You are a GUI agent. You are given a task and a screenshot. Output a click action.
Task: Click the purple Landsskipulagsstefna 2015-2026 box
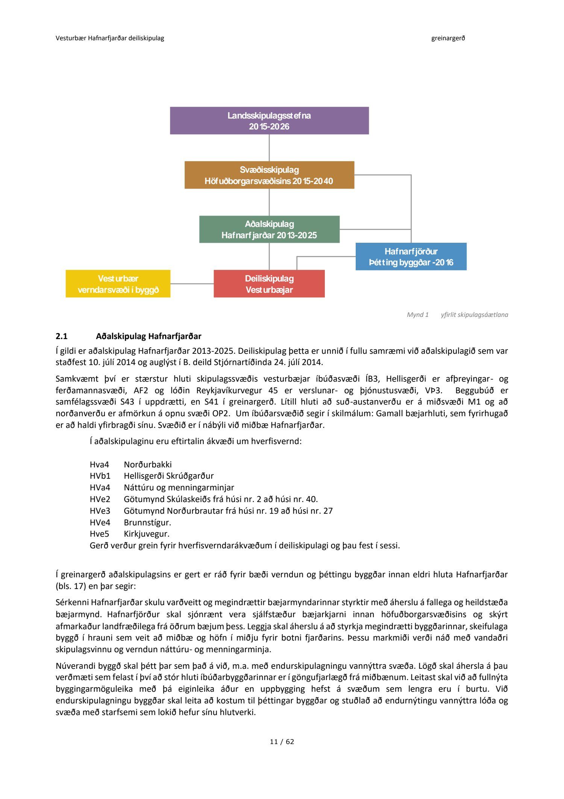click(269, 121)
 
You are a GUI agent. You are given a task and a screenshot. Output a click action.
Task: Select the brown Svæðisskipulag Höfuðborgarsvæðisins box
click(269, 175)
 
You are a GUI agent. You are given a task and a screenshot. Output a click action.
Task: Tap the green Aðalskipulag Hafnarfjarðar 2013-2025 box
click(269, 229)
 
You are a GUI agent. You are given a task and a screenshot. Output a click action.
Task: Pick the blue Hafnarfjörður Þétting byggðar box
click(411, 257)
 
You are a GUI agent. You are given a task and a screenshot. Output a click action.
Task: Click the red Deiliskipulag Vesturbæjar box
click(269, 284)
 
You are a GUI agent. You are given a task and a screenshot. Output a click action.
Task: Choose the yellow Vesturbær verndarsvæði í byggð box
click(118, 284)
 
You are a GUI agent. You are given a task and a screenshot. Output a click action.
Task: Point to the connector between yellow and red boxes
click(192, 284)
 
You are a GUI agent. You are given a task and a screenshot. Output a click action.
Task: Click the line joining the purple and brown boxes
click(269, 148)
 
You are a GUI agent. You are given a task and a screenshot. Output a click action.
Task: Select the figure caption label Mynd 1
click(417, 315)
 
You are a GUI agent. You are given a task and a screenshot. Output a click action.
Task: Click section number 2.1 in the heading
click(62, 336)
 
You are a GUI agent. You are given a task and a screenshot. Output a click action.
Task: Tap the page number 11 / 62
click(282, 741)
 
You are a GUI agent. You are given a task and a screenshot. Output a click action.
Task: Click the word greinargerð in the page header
click(448, 38)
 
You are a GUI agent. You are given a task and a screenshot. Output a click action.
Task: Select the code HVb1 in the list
click(100, 476)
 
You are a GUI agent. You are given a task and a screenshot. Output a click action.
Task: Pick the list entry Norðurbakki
click(148, 464)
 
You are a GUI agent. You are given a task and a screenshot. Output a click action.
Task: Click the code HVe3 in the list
click(100, 511)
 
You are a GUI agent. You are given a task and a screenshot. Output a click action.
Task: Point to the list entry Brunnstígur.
click(147, 522)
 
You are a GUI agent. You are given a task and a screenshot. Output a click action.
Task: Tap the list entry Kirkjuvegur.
click(147, 534)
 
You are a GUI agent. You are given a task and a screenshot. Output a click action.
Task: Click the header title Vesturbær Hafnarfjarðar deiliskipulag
click(110, 38)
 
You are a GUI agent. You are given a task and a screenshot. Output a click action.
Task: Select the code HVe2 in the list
click(100, 499)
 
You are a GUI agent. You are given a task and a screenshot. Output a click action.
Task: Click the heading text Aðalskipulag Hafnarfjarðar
click(149, 336)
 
